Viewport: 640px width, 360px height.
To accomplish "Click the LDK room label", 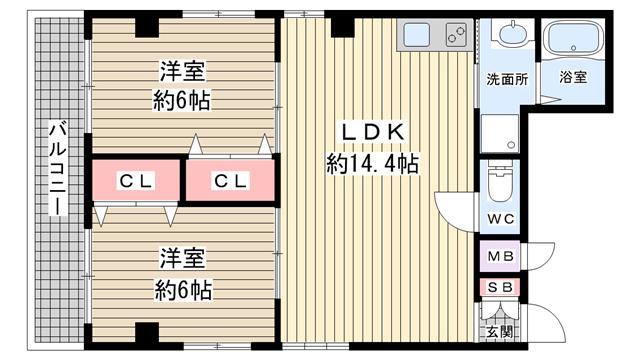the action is (373, 132).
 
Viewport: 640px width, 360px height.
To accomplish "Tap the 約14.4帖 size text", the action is (373, 164).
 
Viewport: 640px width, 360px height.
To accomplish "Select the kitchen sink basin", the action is (417, 35).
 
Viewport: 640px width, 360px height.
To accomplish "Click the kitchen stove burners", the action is (456, 35).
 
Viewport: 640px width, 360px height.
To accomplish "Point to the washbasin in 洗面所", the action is (513, 34).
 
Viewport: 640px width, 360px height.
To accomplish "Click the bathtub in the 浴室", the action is (573, 38).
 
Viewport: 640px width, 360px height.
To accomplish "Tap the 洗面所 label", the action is (507, 79).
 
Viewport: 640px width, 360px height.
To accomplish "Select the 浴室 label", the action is (573, 77).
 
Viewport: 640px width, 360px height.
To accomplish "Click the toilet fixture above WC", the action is (500, 182).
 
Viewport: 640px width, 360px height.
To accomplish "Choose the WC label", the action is (500, 219).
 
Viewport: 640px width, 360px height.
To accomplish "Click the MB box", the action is (500, 256).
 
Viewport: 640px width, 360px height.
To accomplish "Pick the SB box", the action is (500, 287).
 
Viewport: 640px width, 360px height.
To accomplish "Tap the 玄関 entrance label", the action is (500, 332).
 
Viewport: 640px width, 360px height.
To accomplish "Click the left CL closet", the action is (136, 180).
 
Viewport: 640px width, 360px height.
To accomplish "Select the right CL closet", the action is (230, 180).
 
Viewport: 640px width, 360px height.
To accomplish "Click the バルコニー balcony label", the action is (58, 167).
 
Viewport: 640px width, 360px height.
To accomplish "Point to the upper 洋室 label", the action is (182, 71).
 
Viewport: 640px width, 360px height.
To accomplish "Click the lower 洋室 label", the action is (182, 258).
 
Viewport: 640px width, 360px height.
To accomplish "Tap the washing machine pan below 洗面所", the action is (500, 133).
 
